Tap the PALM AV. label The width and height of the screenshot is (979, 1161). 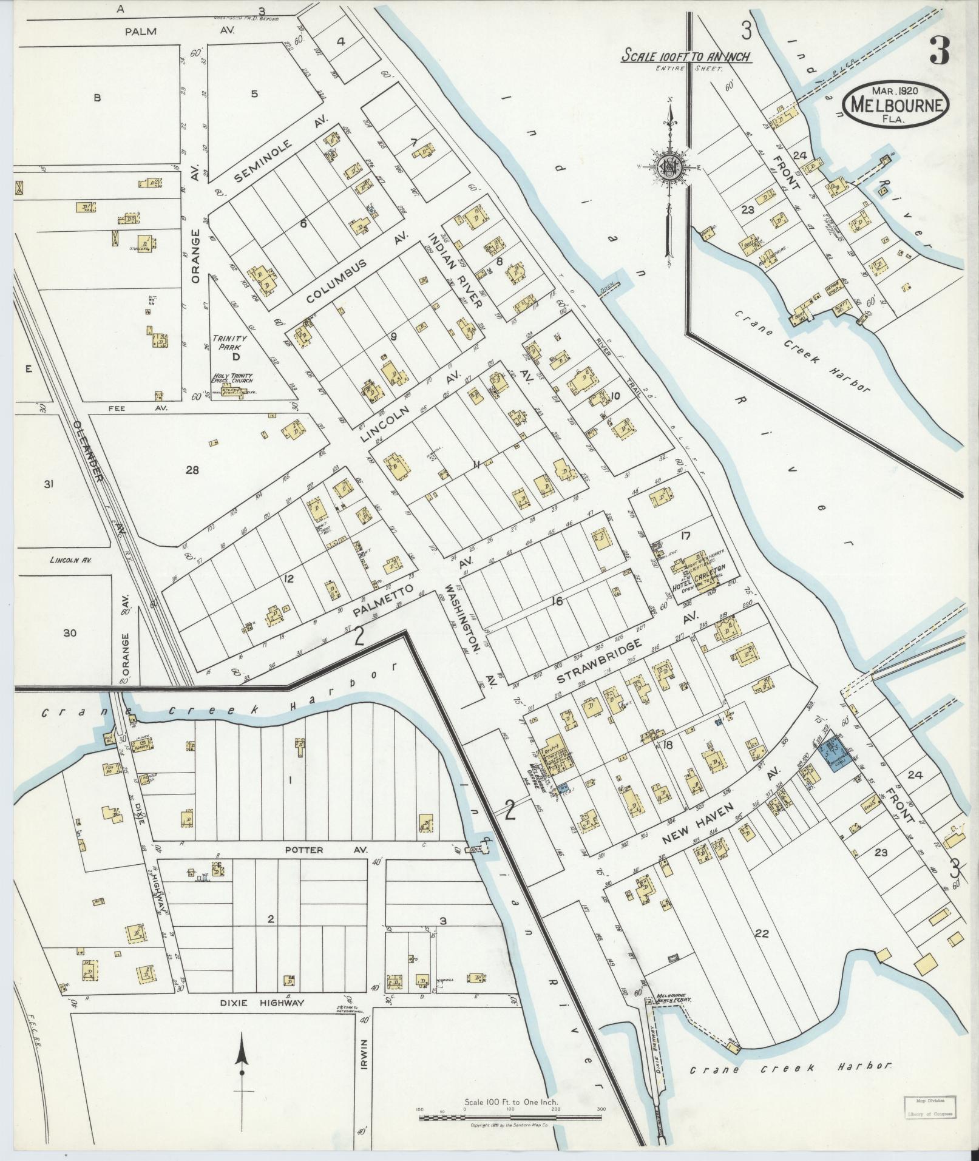coord(141,32)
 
